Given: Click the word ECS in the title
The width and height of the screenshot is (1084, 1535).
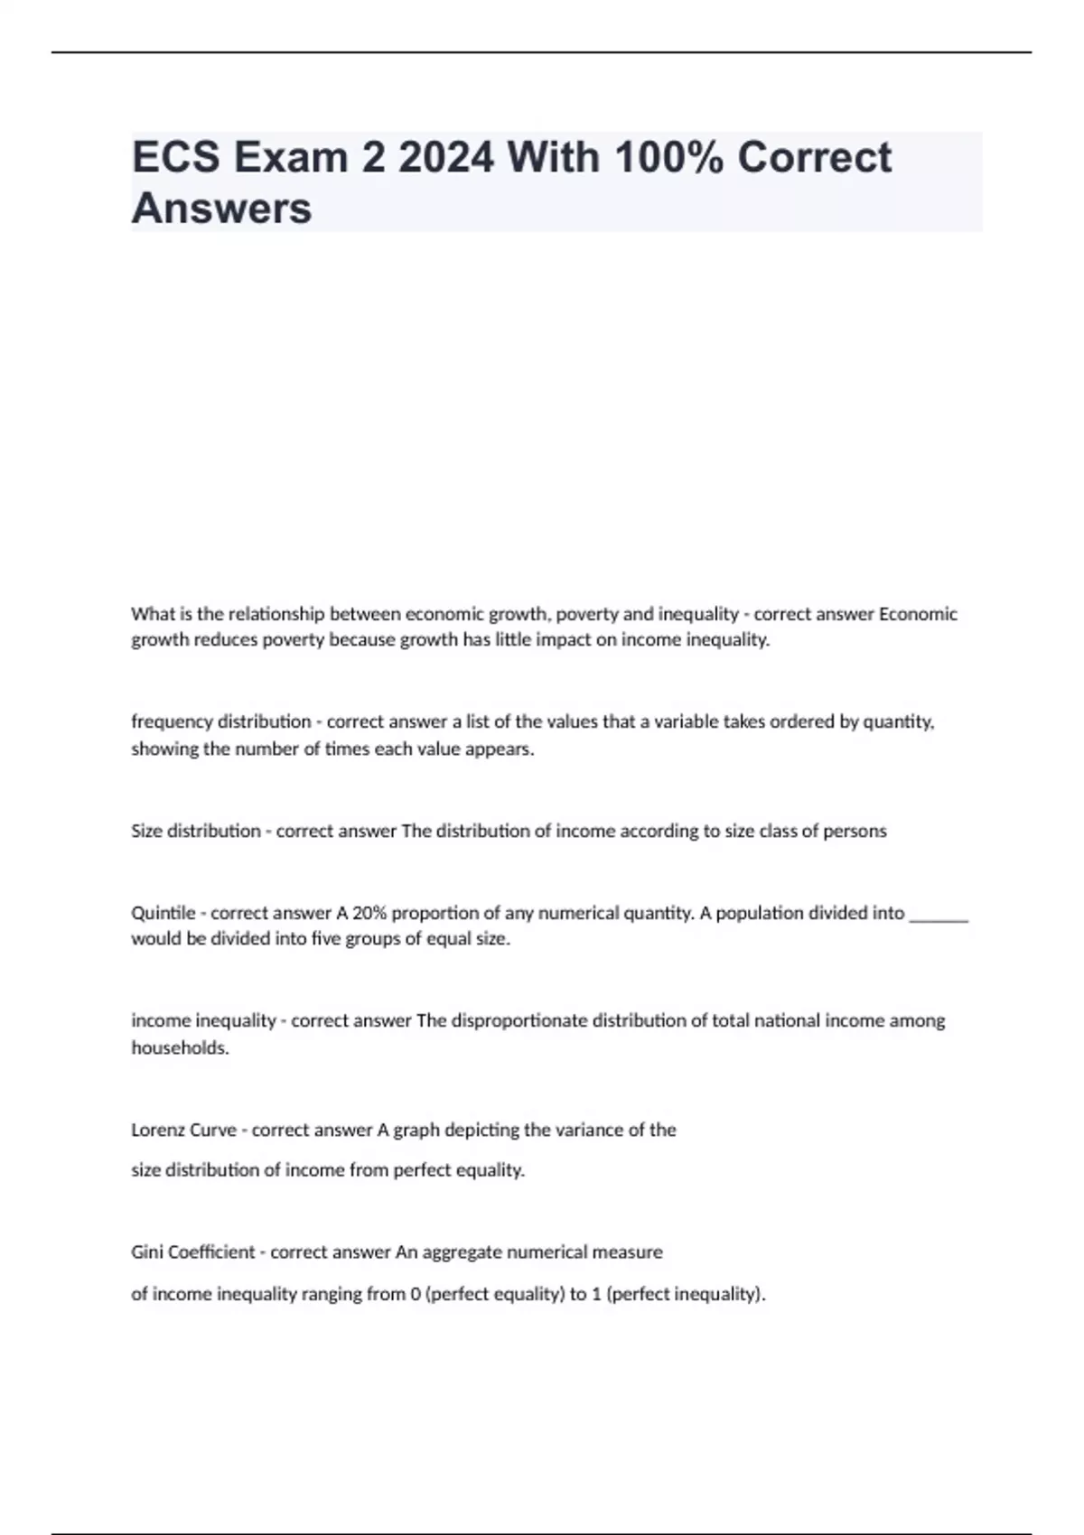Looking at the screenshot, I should click(x=176, y=157).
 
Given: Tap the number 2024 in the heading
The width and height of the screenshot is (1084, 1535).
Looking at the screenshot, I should click(x=445, y=157).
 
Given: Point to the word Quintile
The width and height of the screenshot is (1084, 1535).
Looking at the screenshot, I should click(x=163, y=913).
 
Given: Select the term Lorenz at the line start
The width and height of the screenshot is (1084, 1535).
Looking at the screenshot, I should click(x=159, y=1130).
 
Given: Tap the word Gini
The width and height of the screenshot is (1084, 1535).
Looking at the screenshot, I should click(x=147, y=1252).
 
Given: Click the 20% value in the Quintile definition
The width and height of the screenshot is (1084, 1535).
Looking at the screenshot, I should click(x=369, y=913).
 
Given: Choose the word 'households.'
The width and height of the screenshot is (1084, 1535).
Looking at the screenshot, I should click(x=180, y=1048).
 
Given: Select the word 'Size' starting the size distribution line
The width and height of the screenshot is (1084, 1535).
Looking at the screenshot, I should click(x=147, y=831).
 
